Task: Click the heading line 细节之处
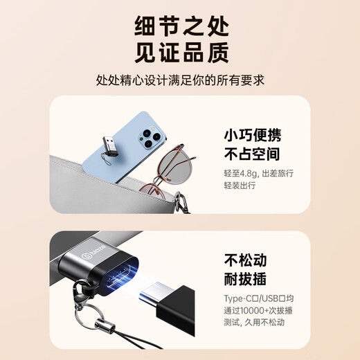[x=180, y=28]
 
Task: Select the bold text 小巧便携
[x=252, y=134]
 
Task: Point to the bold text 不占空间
[x=252, y=154]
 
